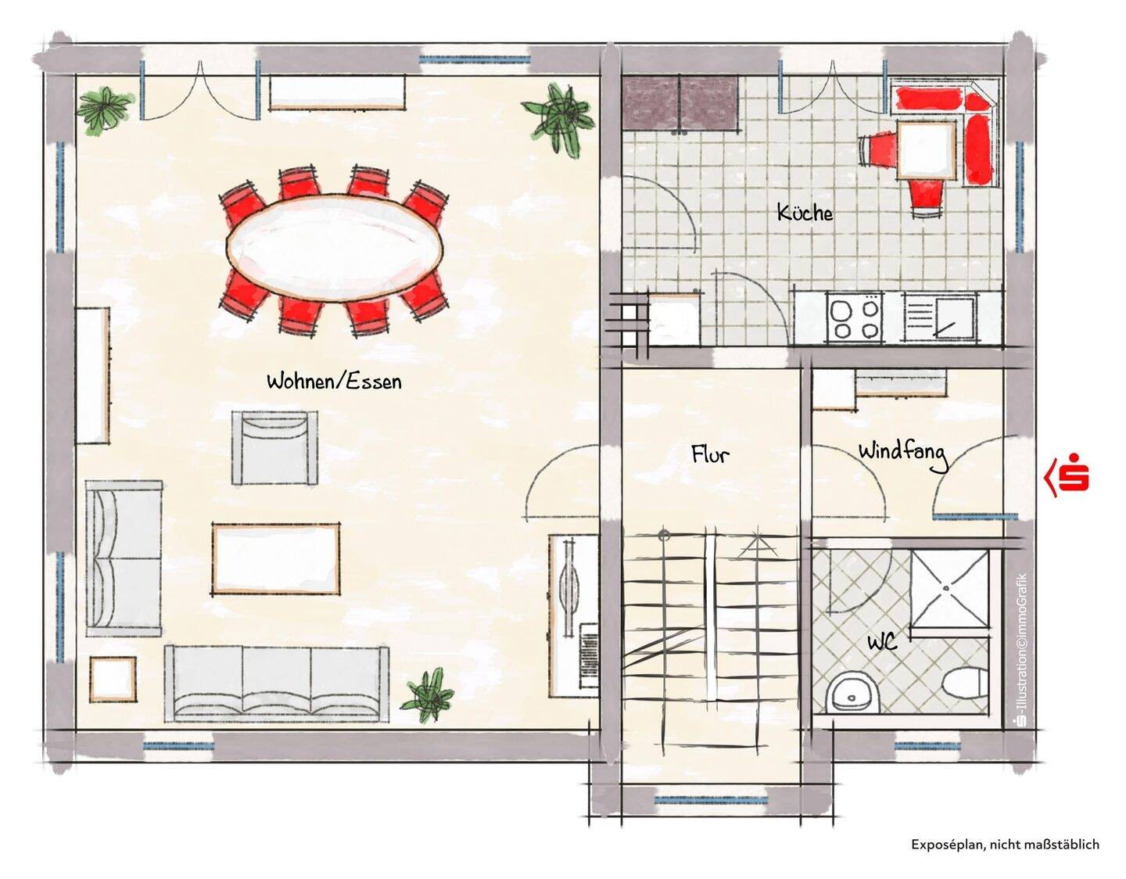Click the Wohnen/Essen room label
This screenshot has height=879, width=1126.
tap(334, 382)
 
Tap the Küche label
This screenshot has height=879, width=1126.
tap(805, 213)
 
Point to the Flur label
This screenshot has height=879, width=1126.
tap(711, 454)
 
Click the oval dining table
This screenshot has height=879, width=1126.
tap(334, 248)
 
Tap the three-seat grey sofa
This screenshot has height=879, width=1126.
tap(277, 683)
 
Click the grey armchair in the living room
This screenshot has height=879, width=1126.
tap(274, 448)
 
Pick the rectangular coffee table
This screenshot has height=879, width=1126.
tap(276, 559)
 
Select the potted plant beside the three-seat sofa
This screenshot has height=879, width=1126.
tap(428, 696)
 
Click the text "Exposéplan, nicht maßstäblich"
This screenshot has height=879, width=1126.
tap(1005, 845)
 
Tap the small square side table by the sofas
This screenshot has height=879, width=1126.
tap(113, 679)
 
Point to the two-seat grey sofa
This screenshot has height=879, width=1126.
tap(124, 558)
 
